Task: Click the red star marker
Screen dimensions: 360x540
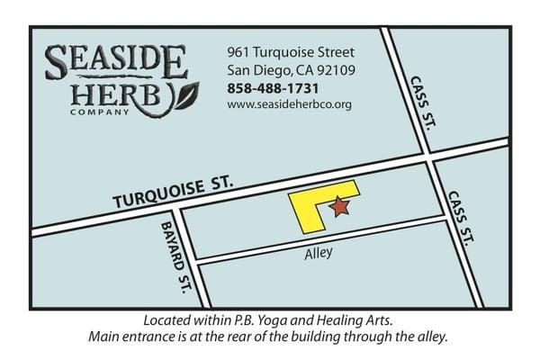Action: pyautogui.click(x=339, y=208)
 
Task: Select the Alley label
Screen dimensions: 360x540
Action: pyautogui.click(x=318, y=253)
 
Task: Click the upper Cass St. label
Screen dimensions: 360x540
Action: pyautogui.click(x=421, y=101)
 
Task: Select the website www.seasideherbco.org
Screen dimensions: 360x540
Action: pyautogui.click(x=289, y=104)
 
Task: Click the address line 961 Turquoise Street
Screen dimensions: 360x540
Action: pyautogui.click(x=290, y=51)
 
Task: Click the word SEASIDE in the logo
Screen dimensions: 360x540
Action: pyautogui.click(x=116, y=62)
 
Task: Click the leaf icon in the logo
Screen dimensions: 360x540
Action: pyautogui.click(x=185, y=94)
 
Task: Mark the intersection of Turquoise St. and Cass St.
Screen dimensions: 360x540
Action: pyautogui.click(x=429, y=159)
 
